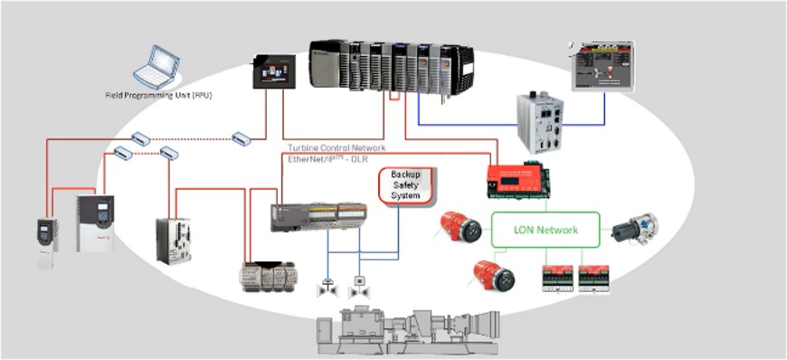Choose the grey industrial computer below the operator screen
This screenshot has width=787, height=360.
542,122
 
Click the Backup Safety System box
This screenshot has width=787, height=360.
405,185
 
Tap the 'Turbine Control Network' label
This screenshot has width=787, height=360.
337,147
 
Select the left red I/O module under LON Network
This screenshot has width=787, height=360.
556,279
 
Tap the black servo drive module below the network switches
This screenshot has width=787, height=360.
174,240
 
